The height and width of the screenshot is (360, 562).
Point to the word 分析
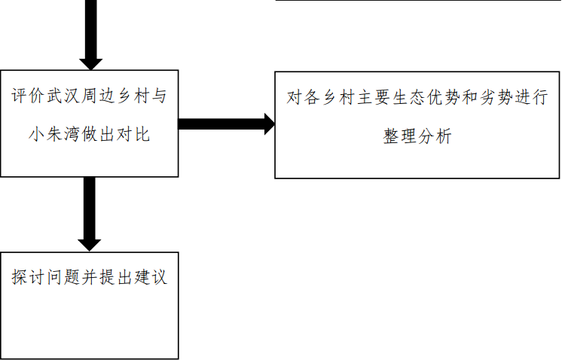coord(437,136)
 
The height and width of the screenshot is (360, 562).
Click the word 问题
coord(69,276)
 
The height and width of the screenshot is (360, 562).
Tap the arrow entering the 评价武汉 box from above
coord(90,34)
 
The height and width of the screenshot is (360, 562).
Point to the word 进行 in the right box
coord(534,99)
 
